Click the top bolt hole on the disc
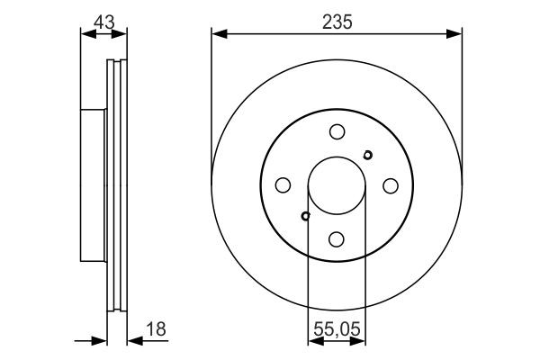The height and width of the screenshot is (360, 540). pyautogui.click(x=337, y=131)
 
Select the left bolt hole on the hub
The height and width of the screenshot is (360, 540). pyautogui.click(x=283, y=185)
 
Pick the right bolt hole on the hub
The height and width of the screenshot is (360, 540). pyautogui.click(x=391, y=185)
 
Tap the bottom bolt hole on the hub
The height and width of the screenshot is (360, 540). pyautogui.click(x=337, y=239)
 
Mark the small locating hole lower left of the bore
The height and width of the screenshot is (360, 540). pyautogui.click(x=306, y=216)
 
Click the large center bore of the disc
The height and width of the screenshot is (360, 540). pyautogui.click(x=337, y=185)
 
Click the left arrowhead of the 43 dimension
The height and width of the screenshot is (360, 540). pyautogui.click(x=86, y=35)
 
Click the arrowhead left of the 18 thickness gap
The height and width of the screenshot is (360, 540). pyautogui.click(x=100, y=340)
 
